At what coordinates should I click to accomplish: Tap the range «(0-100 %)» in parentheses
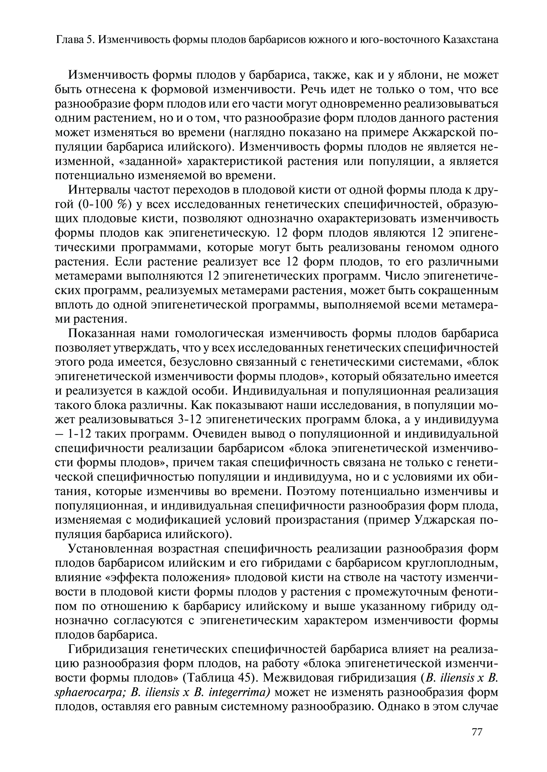coord(97,205)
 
